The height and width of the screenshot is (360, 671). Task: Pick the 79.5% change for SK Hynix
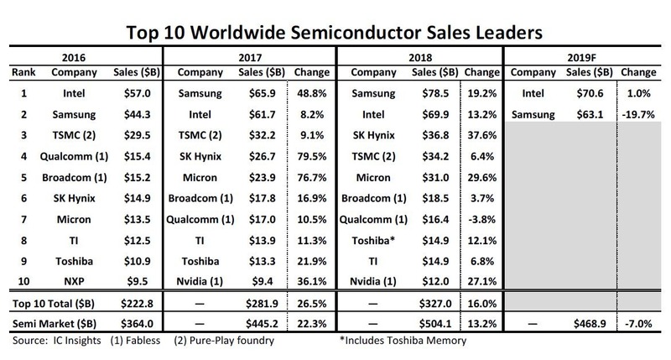point(309,156)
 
